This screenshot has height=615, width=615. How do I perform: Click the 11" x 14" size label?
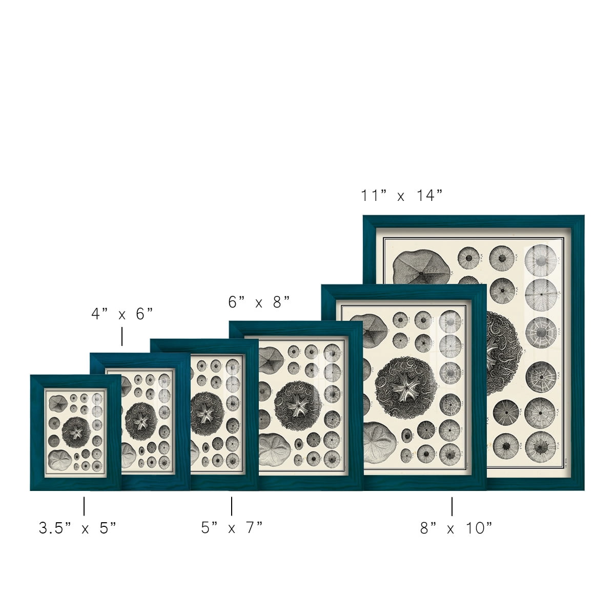click(401, 195)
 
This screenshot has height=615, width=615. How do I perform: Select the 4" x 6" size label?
click(122, 314)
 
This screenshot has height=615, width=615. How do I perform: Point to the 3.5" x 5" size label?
click(77, 528)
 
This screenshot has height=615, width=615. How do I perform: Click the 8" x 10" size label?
click(456, 528)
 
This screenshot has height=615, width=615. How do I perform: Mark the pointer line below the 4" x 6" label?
click(122, 336)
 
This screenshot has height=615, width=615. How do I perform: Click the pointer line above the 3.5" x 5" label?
click(84, 506)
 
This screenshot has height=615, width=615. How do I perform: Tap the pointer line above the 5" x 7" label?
click(231, 506)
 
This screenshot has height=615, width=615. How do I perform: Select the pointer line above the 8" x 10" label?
click(452, 506)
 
